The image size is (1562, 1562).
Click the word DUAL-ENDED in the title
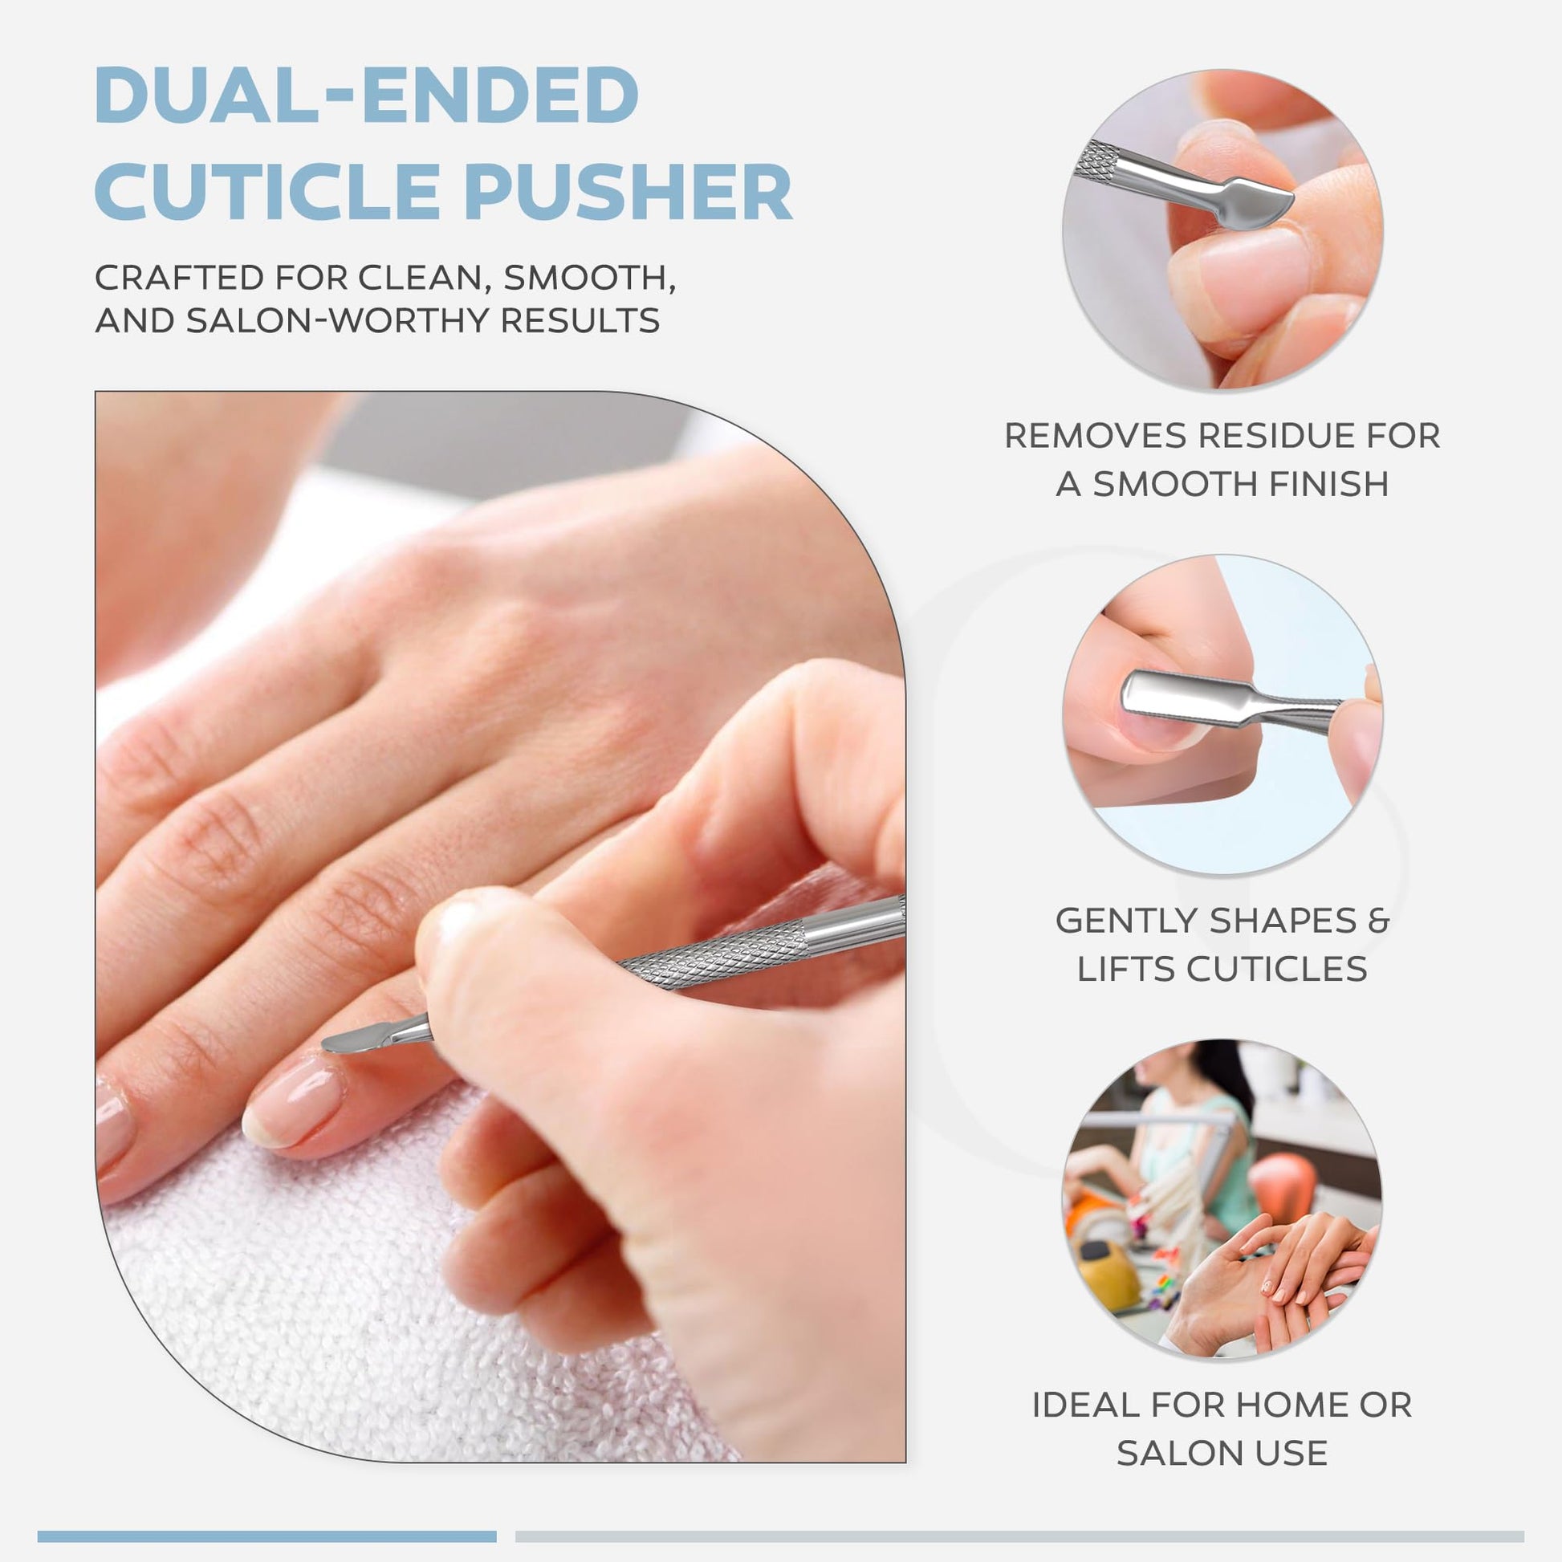367,95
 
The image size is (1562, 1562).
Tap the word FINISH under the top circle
1329,484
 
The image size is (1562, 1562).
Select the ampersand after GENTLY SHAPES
1379,921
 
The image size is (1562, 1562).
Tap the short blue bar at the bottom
266,1536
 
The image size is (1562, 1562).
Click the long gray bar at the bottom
1019,1536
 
